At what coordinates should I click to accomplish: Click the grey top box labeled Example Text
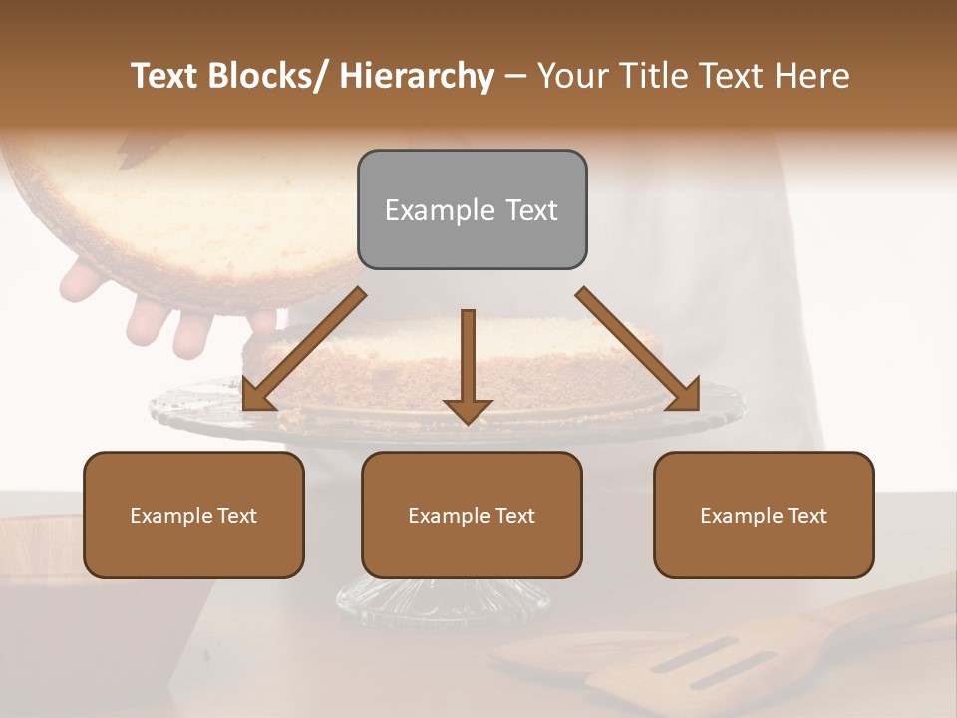coord(472,209)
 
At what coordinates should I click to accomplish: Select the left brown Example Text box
coord(193,515)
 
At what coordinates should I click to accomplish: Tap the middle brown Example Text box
coord(472,515)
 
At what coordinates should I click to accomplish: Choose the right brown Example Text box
coord(764,515)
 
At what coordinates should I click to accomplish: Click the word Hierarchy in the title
coord(417,77)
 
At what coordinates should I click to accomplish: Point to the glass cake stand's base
coord(444,598)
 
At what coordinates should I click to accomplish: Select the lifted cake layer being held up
coord(189,209)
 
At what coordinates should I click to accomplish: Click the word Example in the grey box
coord(440,210)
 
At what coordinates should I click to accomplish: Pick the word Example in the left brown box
coord(170,516)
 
